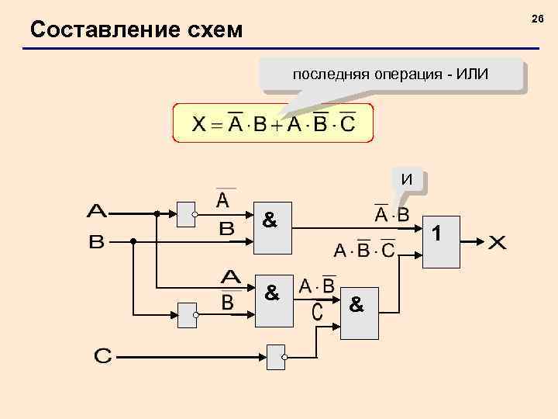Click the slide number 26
point(537,18)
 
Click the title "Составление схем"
point(136,30)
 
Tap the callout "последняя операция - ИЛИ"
point(391,75)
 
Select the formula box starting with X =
point(273,124)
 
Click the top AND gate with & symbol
point(274,230)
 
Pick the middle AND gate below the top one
point(274,300)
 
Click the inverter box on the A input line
point(187,213)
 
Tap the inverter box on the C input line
point(276,357)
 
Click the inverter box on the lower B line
point(187,314)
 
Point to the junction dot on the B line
point(133,241)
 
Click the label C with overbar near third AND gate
point(318,311)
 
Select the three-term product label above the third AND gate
point(364,251)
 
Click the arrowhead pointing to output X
point(481,241)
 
